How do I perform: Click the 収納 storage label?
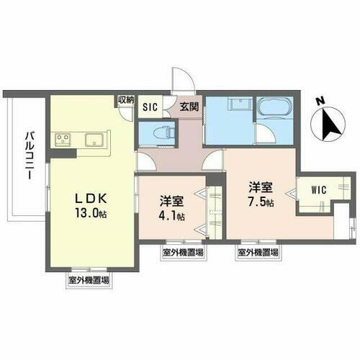[126, 100]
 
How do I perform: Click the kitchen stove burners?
[60, 139]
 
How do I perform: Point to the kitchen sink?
[94, 139]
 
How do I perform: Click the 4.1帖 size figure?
[174, 215]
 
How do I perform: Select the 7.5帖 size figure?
[260, 203]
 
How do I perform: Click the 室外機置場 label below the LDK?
[89, 280]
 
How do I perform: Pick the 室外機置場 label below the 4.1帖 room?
[181, 253]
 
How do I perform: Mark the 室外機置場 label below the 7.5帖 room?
[256, 253]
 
